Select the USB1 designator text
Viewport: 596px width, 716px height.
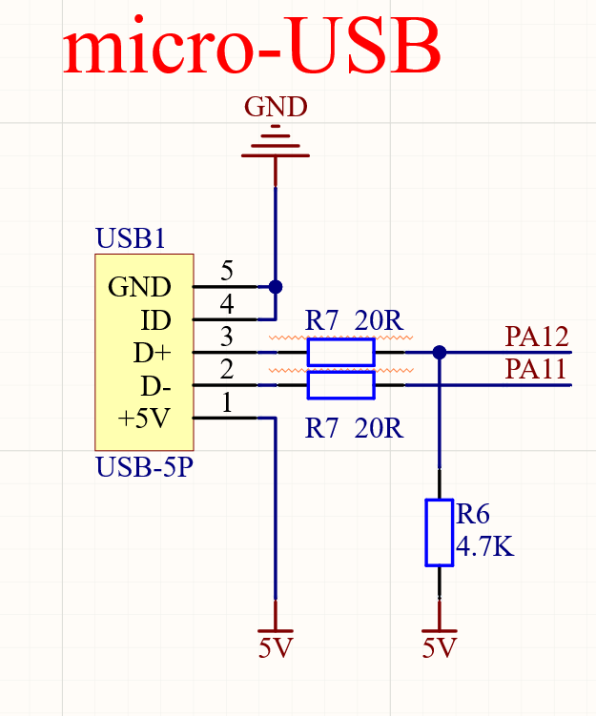pyautogui.click(x=131, y=238)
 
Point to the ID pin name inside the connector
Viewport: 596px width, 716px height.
pyautogui.click(x=155, y=319)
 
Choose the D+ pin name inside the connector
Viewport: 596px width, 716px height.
pyautogui.click(x=152, y=353)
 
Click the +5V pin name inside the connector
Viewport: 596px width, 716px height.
pyautogui.click(x=144, y=419)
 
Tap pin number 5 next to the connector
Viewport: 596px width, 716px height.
pyautogui.click(x=227, y=271)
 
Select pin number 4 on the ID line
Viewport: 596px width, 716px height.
pyautogui.click(x=227, y=304)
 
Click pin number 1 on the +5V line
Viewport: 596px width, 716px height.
pyautogui.click(x=227, y=403)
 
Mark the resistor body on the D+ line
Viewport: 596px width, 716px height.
pyautogui.click(x=340, y=353)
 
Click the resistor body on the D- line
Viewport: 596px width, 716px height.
pyautogui.click(x=340, y=385)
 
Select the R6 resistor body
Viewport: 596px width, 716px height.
pyautogui.click(x=439, y=532)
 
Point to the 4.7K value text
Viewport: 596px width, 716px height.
pyautogui.click(x=485, y=548)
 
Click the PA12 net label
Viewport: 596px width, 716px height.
pyautogui.click(x=537, y=337)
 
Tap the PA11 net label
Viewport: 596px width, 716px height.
pyautogui.click(x=537, y=369)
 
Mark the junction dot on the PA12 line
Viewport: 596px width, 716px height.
pyautogui.click(x=440, y=352)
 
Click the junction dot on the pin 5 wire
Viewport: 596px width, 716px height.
pyautogui.click(x=276, y=286)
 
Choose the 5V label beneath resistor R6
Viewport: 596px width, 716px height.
pyautogui.click(x=440, y=649)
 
